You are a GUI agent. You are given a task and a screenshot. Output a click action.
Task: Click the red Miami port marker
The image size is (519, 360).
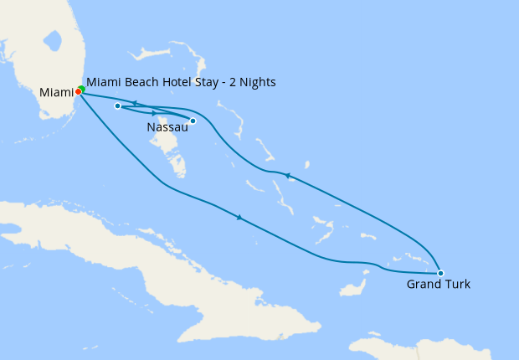pos(78,91)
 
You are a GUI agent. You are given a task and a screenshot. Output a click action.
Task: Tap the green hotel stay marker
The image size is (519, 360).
pos(82,89)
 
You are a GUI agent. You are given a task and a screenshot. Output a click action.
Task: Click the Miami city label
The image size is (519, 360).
pos(55,91)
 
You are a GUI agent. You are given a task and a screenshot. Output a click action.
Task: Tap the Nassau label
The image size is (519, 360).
pos(167,127)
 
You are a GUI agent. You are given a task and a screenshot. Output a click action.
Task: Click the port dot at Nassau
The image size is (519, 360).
pos(193,121)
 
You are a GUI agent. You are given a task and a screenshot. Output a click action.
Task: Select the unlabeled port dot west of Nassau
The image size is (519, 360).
pos(117,106)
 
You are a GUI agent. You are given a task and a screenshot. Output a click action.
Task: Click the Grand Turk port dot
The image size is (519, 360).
pos(440,273)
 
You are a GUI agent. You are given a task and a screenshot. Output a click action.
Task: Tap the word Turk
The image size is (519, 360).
pos(456,285)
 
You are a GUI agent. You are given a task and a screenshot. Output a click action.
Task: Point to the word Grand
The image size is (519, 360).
pos(423,285)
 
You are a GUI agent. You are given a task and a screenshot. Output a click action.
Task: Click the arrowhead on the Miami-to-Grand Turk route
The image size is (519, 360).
pos(240,218)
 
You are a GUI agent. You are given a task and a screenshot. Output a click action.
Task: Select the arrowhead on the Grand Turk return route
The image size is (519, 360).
pos(288,176)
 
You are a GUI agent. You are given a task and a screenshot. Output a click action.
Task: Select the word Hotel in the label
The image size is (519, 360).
pos(176,82)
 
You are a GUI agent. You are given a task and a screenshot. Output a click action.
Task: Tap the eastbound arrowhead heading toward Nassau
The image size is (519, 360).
pos(154,112)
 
